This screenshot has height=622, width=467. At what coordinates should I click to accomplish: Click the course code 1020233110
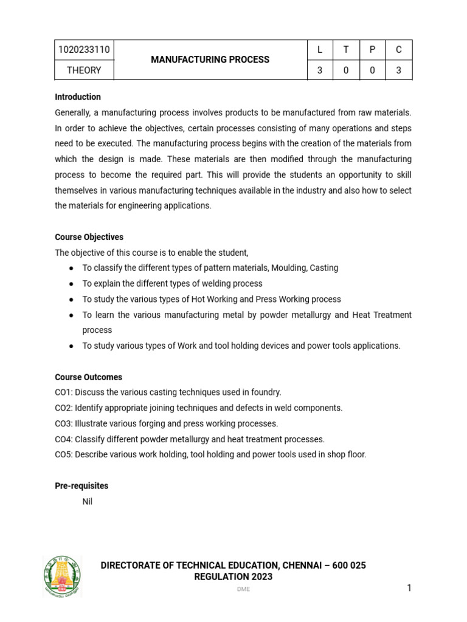pos(84,50)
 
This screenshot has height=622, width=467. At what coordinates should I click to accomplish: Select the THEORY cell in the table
pos(84,70)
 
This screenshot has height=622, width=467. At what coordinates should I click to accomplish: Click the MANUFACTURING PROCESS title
pos(210,60)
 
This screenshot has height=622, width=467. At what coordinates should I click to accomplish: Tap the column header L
pos(320,50)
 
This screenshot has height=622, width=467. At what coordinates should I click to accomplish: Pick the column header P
pos(372,50)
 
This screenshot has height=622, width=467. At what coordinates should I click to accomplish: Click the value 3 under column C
pos(399,70)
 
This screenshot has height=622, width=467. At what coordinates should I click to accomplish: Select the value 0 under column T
pos(346,70)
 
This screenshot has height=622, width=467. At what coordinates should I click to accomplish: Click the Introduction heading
pos(78,97)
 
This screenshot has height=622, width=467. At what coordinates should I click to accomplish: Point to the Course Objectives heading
pos(89,237)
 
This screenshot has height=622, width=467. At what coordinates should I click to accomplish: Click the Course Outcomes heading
pos(88,377)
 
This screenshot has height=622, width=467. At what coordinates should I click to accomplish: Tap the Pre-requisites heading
pos(81,486)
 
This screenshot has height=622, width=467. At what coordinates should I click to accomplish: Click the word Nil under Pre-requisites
pos(88,502)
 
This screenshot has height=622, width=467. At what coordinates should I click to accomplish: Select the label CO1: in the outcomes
pos(64,392)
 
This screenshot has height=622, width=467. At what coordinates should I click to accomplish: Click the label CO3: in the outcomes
pos(64,423)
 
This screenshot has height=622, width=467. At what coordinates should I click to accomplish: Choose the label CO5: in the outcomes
pos(64,454)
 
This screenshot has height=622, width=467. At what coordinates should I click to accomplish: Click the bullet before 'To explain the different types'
pos(72,284)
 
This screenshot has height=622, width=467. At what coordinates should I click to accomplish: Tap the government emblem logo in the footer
pos(62,576)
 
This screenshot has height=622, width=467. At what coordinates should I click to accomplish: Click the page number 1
pos(409,587)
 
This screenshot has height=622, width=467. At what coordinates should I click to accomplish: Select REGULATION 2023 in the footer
pos(233,577)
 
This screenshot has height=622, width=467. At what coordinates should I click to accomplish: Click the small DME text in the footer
pos(243,590)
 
